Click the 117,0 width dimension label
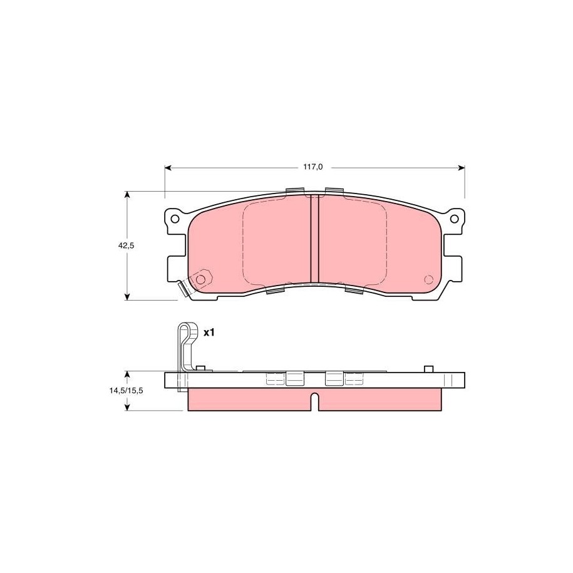tap(313, 167)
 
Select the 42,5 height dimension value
tap(126, 245)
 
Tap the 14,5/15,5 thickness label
tap(126, 390)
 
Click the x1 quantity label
tap(209, 333)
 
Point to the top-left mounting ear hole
tap(175, 219)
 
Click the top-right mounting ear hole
tap(454, 219)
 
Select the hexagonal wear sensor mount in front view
tap(201, 279)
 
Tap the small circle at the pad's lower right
tap(428, 279)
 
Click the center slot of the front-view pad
tap(314, 238)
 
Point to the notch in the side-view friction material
tap(314, 401)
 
